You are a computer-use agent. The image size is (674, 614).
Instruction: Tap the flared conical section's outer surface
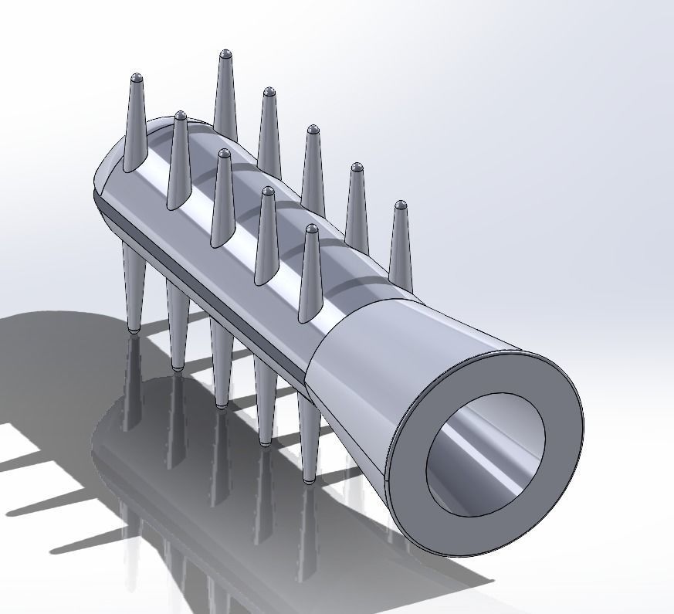coord(386,363)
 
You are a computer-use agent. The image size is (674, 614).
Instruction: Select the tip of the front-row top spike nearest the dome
coord(137,78)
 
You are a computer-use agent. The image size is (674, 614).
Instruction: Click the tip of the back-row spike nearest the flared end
coord(400,205)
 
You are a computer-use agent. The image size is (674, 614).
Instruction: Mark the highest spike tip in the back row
coord(225,54)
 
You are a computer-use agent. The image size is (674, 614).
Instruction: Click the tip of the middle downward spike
coord(222,404)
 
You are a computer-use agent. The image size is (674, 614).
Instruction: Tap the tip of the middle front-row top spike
coord(224,154)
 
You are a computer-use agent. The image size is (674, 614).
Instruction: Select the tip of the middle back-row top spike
coord(313,129)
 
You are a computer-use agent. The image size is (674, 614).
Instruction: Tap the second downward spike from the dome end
coord(178,324)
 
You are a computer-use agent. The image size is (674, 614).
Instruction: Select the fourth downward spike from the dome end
coord(265,402)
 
